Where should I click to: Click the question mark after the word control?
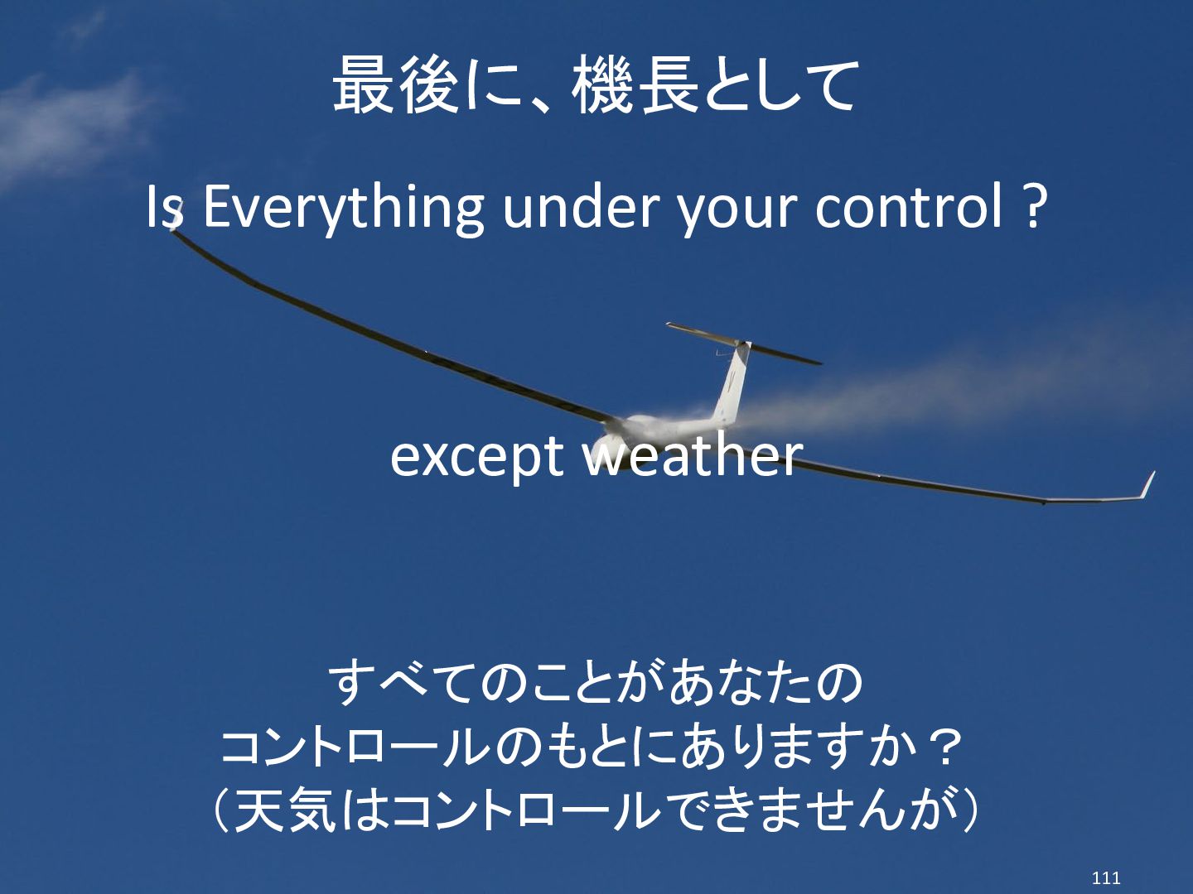(1031, 206)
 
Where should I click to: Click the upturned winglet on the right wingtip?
(1147, 485)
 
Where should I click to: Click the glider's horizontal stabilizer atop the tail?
(743, 344)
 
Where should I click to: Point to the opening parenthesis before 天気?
(221, 811)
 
